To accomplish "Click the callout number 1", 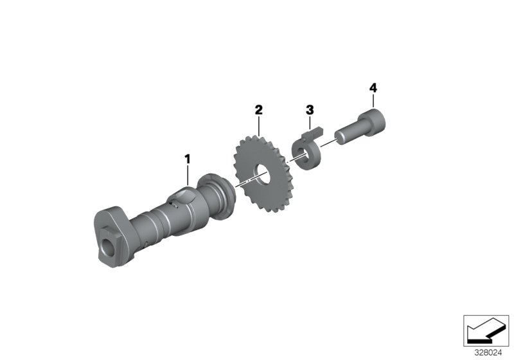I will pyautogui.click(x=188, y=157).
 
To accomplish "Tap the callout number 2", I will pyautogui.click(x=258, y=110).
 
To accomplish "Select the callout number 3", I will pyautogui.click(x=310, y=110).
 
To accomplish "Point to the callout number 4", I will pyautogui.click(x=373, y=86).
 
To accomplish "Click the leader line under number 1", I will pyautogui.click(x=188, y=175).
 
